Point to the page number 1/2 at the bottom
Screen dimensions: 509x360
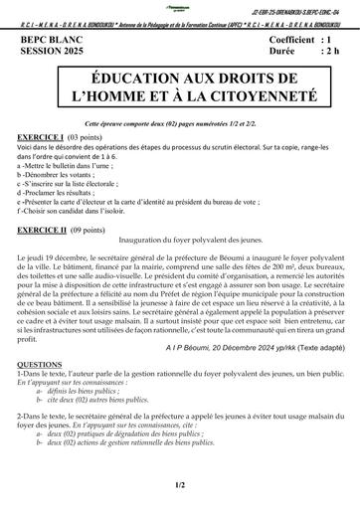point(179,484)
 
